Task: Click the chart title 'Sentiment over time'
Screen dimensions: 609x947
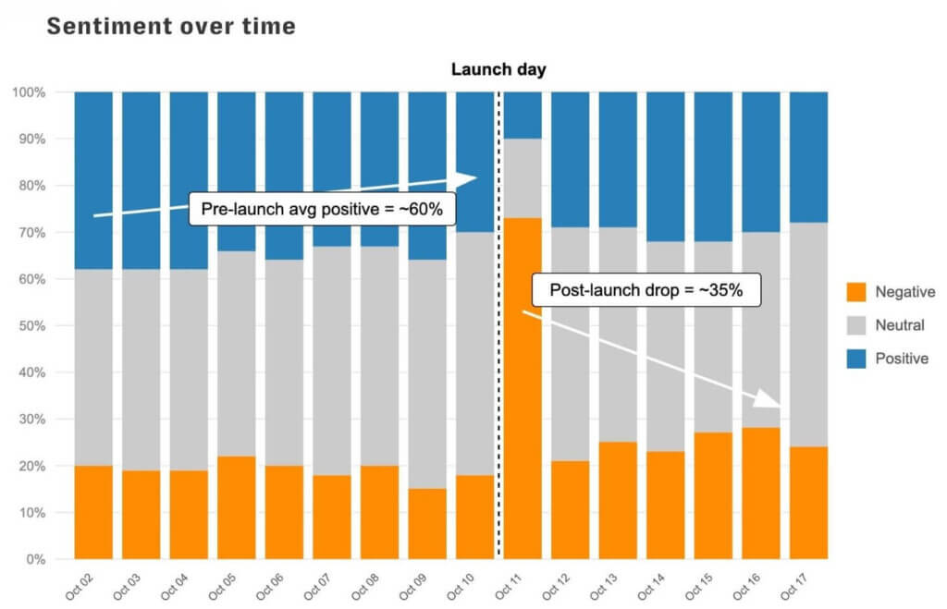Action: (x=171, y=26)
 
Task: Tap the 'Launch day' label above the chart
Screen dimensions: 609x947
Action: (x=498, y=69)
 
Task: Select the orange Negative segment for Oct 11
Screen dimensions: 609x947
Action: (x=523, y=388)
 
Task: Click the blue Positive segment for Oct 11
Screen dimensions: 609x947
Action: (x=523, y=115)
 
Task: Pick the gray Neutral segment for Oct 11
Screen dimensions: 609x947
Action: (x=523, y=178)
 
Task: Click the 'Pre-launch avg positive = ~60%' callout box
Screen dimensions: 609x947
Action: (x=322, y=210)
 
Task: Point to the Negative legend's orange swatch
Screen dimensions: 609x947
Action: (x=856, y=292)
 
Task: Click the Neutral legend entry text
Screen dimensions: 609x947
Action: (x=899, y=325)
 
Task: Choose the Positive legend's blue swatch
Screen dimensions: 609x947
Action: (x=856, y=359)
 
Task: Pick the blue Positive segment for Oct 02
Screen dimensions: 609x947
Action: (x=93, y=180)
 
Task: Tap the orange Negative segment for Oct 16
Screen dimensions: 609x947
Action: (x=760, y=493)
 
